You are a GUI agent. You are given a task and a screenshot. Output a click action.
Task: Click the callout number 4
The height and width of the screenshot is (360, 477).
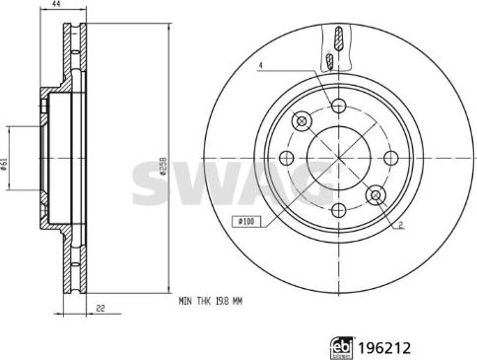pyautogui.click(x=262, y=66)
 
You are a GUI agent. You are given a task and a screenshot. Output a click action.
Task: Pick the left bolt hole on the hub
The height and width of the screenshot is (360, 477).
pyautogui.click(x=286, y=158)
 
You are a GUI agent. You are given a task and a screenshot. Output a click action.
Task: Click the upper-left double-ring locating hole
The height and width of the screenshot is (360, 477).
pyautogui.click(x=302, y=120)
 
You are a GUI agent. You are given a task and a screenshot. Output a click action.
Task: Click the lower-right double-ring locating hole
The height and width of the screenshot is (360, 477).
pyautogui.click(x=375, y=195)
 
